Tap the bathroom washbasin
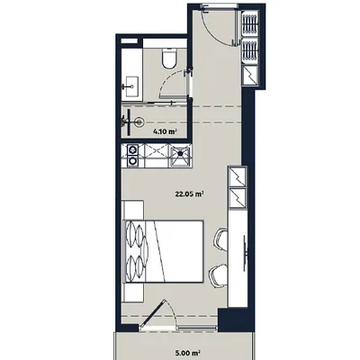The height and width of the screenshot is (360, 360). (x=130, y=85)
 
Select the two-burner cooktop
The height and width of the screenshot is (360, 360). (x=131, y=157)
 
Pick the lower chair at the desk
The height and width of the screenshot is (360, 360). (x=217, y=273)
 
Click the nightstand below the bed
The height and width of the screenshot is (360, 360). (x=131, y=292)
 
